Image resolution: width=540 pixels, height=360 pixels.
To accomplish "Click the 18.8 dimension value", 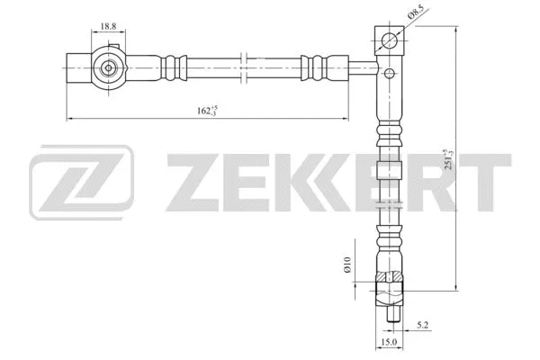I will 108,28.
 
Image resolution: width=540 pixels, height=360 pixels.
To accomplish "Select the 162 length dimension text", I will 208,111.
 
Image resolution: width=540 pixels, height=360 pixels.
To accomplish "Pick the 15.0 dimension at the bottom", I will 388,342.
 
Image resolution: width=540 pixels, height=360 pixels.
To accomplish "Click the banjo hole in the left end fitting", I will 109,67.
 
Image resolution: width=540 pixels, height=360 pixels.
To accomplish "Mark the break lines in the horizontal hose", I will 244,67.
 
